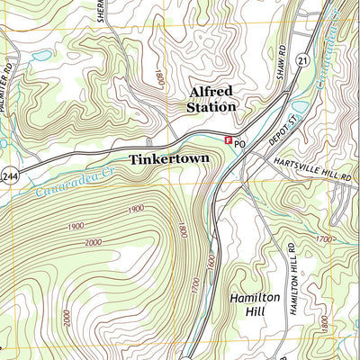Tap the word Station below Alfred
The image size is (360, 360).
(211, 107)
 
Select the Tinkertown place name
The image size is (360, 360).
(169, 158)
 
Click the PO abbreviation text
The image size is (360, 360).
(240, 142)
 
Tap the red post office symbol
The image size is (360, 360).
(229, 140)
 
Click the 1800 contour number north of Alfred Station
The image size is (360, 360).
(159, 78)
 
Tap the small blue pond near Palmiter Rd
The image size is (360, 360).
(40, 56)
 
